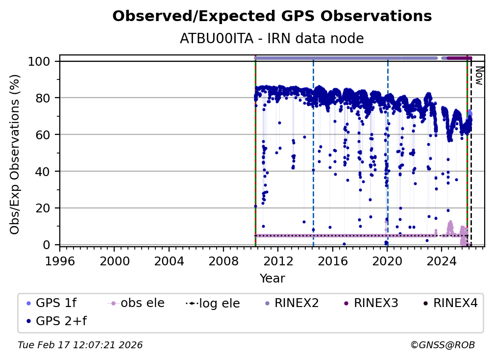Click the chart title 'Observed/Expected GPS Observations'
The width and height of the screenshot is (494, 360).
(x=272, y=17)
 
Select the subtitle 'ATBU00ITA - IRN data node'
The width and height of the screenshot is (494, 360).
(x=272, y=38)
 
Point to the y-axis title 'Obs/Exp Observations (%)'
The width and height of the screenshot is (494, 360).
(x=15, y=154)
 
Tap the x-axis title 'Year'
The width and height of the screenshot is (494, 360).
(x=272, y=279)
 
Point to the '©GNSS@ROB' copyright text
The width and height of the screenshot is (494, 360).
(x=442, y=345)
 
